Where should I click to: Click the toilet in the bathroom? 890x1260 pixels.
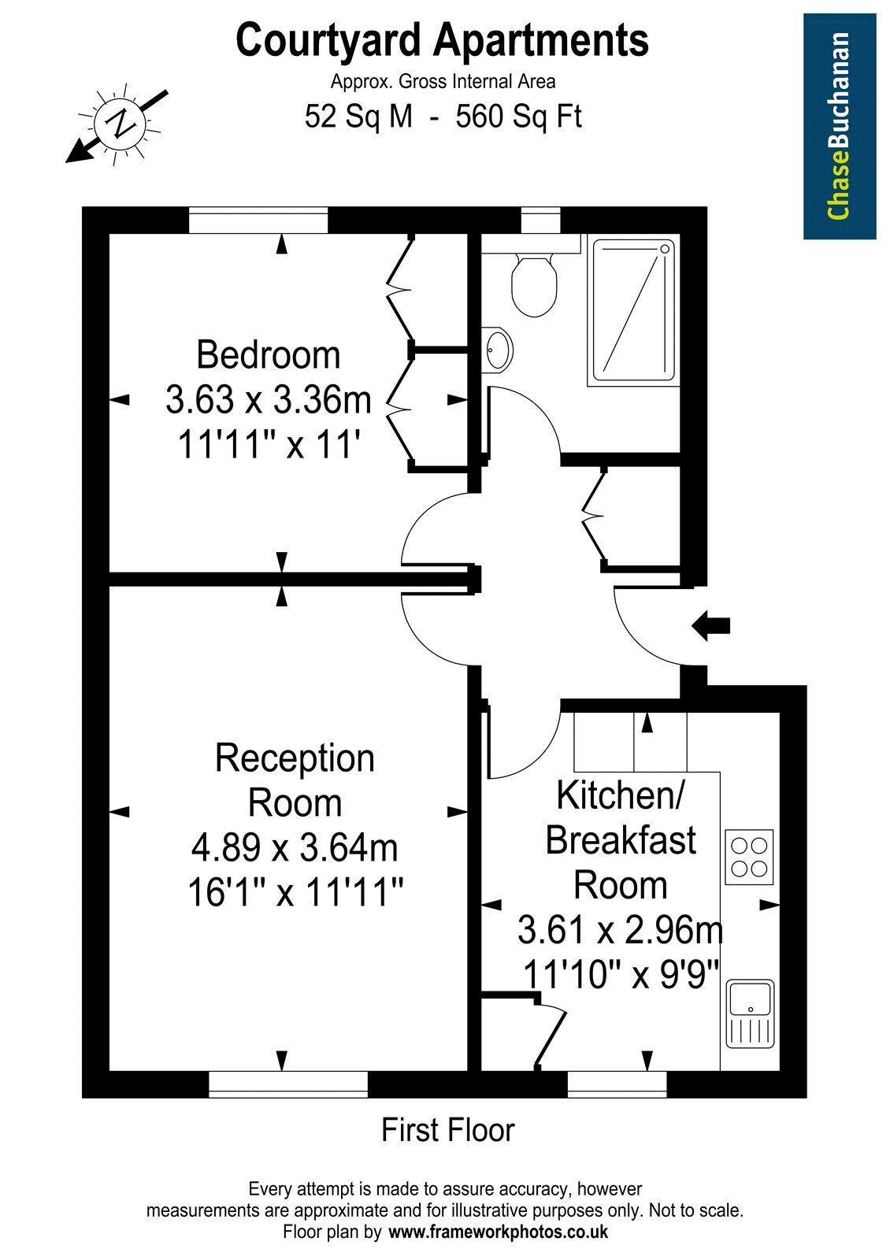[x=534, y=284]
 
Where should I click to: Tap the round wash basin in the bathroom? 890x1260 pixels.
[x=496, y=349]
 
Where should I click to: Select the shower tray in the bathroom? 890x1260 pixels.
[x=633, y=310]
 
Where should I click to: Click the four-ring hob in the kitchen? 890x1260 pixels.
[x=749, y=858]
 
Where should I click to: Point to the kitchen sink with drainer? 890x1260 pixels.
[x=751, y=1013]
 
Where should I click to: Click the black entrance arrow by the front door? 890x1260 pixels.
[x=710, y=625]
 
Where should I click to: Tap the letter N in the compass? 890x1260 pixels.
[x=120, y=122]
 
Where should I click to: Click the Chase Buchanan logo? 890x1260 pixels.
[x=840, y=127]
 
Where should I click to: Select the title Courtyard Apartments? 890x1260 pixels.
[x=442, y=40]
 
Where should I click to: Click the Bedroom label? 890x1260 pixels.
[x=269, y=355]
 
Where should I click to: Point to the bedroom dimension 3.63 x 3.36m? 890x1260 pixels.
[x=269, y=400]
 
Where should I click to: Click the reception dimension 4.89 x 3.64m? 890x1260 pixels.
[x=295, y=847]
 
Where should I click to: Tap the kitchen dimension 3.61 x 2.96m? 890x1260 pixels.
[x=620, y=929]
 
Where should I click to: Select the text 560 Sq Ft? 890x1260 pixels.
[x=518, y=117]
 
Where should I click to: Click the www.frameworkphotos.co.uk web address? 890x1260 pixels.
[x=499, y=1232]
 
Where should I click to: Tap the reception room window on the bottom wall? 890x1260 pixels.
[x=288, y=1084]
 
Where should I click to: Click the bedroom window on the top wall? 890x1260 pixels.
[x=258, y=220]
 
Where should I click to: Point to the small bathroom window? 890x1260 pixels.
[x=540, y=220]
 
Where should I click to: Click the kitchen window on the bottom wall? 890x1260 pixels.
[x=617, y=1084]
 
